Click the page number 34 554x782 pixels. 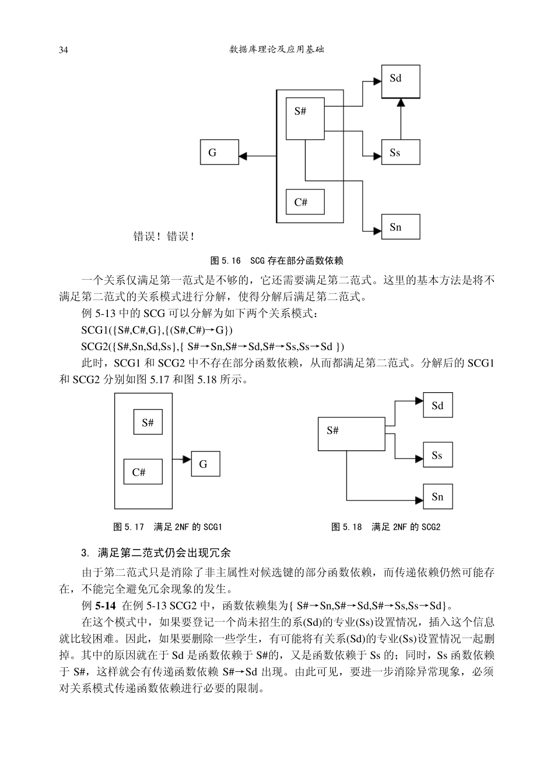click(x=64, y=50)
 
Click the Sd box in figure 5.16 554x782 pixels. click(x=401, y=82)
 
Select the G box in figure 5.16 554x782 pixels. click(x=219, y=153)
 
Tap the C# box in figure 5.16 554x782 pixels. click(x=305, y=202)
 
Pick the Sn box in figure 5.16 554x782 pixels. click(x=401, y=227)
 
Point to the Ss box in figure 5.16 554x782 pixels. click(x=401, y=153)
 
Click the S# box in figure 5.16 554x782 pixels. click(x=305, y=119)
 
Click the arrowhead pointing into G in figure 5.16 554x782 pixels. click(x=244, y=156)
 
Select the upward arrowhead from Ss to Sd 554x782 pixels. click(x=401, y=103)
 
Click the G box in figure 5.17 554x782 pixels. click(x=205, y=464)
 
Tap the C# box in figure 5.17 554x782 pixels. click(x=143, y=472)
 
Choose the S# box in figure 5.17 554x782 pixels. click(x=148, y=422)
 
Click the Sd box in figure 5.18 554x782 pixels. click(x=437, y=406)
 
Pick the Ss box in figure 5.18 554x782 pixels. click(x=437, y=455)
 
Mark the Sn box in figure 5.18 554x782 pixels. click(x=437, y=497)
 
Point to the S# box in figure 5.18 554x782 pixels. click(x=351, y=434)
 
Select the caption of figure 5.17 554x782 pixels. click(x=168, y=527)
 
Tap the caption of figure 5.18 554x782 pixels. click(x=385, y=527)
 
